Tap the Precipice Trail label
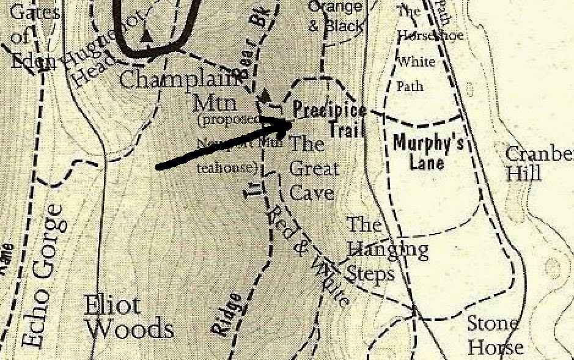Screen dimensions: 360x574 (330, 119)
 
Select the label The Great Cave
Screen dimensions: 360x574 (312, 168)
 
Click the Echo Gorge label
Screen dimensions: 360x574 (45, 275)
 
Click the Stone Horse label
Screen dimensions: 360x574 (494, 335)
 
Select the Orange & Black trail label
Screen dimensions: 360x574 (336, 17)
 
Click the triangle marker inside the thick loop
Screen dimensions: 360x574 (146, 36)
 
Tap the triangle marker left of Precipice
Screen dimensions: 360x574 (265, 96)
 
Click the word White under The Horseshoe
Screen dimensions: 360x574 (416, 62)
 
